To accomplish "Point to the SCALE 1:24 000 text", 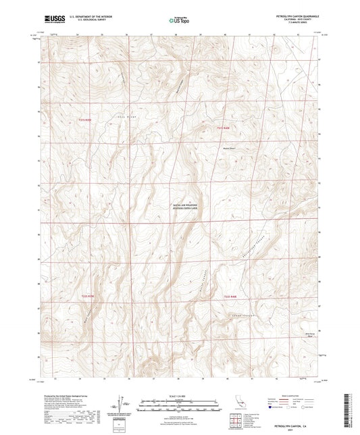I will (x=180, y=395).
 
